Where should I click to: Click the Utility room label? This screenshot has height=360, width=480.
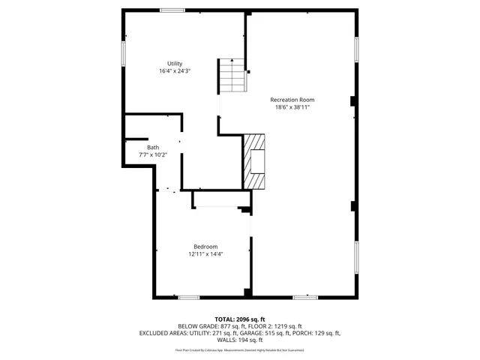point(174,64)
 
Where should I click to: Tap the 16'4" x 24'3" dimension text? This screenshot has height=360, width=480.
point(174,71)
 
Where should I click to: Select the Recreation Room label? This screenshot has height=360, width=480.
point(292,100)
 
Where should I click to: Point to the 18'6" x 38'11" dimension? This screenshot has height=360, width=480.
point(292,107)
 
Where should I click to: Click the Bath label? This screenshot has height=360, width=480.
point(153,148)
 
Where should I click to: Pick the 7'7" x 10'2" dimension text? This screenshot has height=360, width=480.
point(153,155)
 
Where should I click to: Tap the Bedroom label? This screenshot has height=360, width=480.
point(205,247)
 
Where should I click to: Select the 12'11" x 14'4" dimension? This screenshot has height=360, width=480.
point(205,254)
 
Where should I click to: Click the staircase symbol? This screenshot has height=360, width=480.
point(232,75)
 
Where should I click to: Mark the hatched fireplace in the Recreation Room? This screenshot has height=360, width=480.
point(253,161)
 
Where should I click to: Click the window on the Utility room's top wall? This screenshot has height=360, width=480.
point(172,10)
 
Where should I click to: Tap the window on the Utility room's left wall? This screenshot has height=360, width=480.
point(123,52)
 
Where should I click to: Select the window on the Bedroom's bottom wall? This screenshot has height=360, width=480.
point(188,297)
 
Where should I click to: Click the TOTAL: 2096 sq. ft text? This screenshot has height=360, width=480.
point(240,319)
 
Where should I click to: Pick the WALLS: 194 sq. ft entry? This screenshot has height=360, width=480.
point(240,340)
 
